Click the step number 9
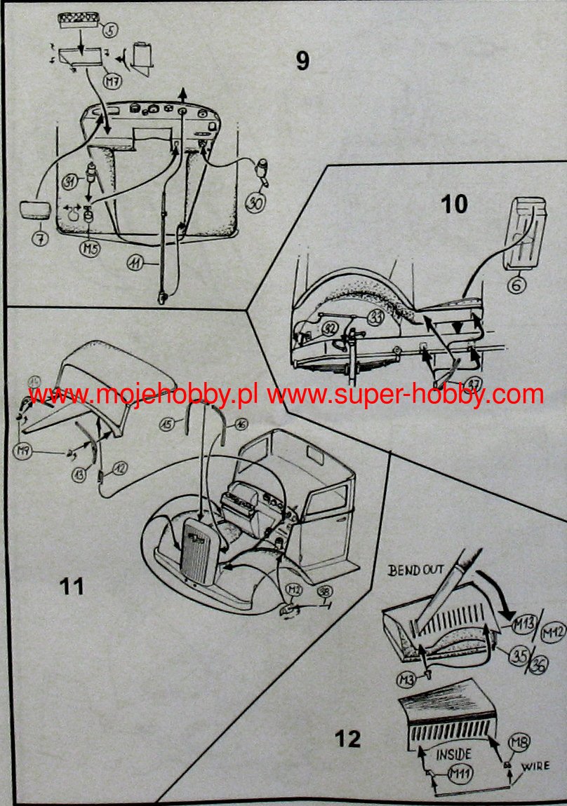pyautogui.click(x=302, y=61)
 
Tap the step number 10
pyautogui.click(x=454, y=204)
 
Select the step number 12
pyautogui.click(x=348, y=739)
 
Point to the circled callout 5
pyautogui.click(x=110, y=30)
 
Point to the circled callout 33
pyautogui.click(x=377, y=318)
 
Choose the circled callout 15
pyautogui.click(x=166, y=423)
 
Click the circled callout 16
pyautogui.click(x=240, y=424)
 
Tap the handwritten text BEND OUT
pyautogui.click(x=417, y=570)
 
